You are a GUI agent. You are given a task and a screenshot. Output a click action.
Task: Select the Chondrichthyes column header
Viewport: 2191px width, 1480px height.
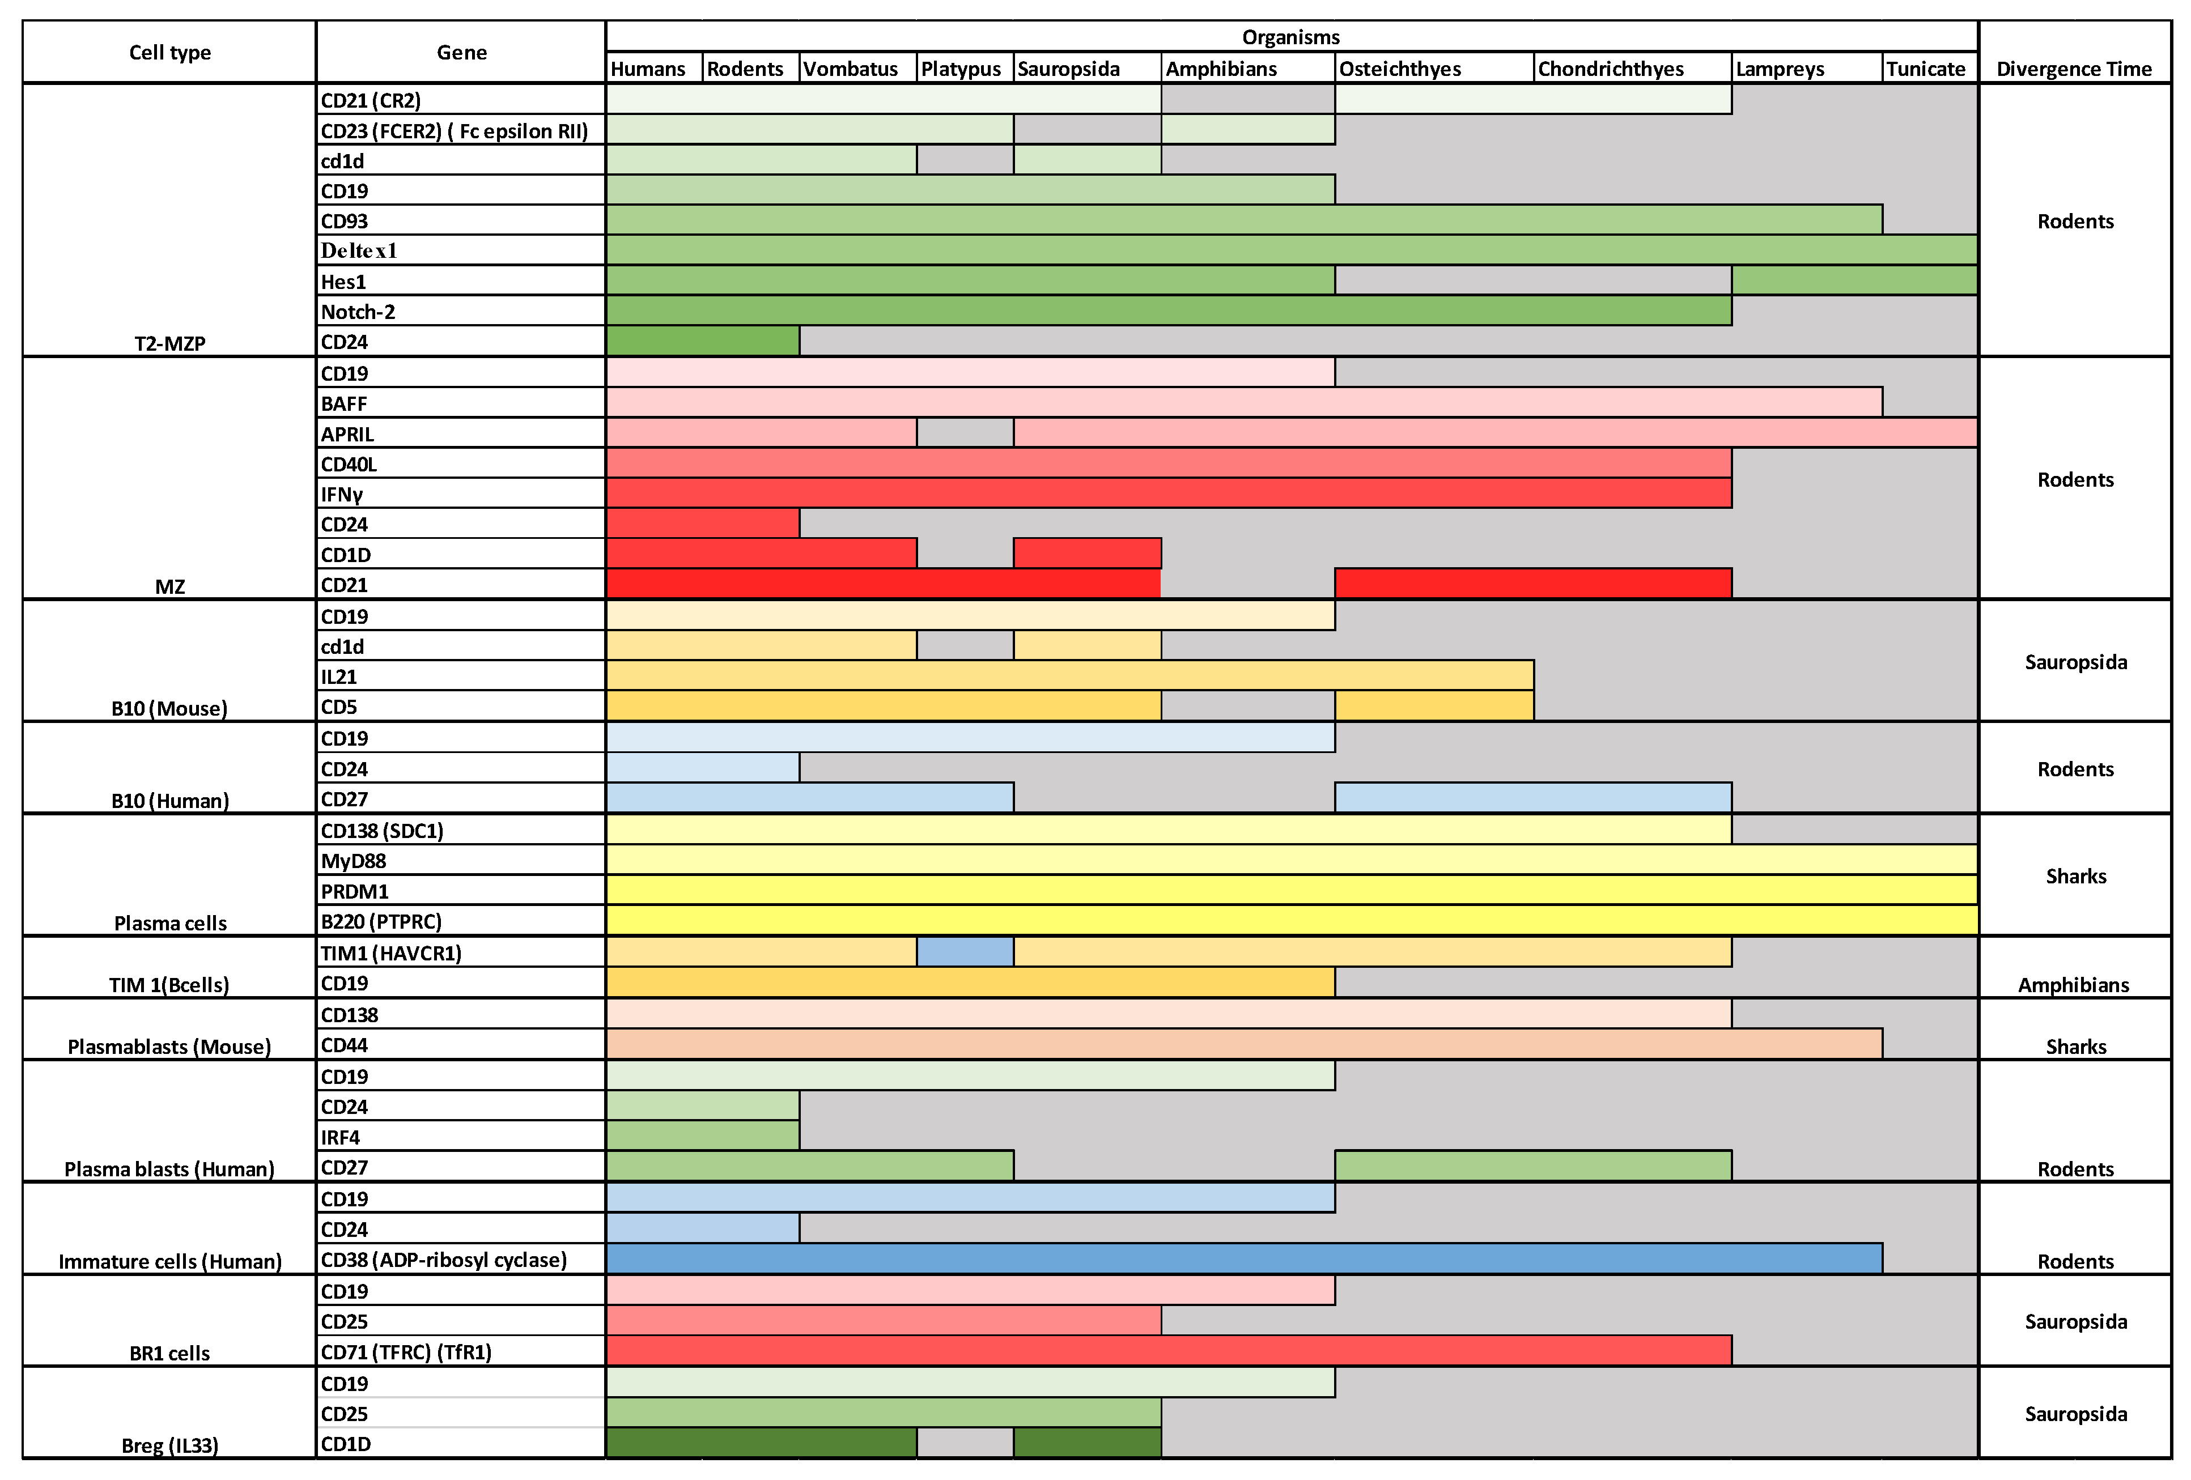click(1610, 69)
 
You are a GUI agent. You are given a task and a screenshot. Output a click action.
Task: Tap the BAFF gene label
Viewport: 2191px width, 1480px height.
click(343, 403)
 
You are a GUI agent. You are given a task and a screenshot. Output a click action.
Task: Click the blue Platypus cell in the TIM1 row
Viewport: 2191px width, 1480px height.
click(965, 952)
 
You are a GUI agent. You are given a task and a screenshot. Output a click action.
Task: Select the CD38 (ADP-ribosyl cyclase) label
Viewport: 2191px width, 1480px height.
click(443, 1260)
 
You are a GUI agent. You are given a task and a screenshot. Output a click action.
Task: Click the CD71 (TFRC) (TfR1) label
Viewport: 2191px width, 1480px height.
click(405, 1352)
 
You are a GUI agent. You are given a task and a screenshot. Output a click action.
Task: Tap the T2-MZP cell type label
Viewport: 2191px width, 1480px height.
click(169, 343)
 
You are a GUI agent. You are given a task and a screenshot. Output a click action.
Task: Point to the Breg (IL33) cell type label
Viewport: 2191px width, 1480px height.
click(169, 1445)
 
